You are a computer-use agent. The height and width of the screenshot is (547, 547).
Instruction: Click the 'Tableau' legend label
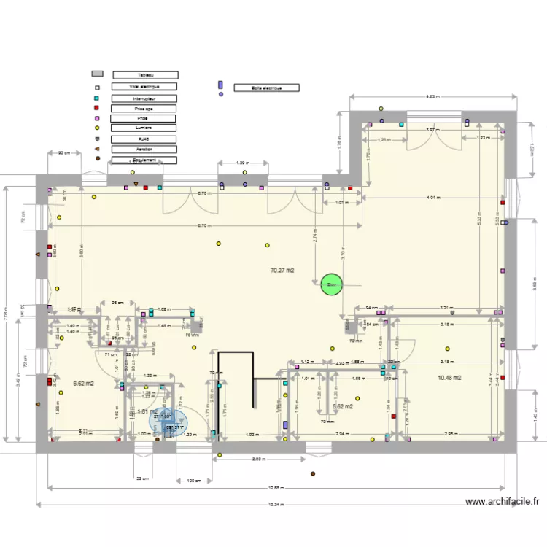pos(144,74)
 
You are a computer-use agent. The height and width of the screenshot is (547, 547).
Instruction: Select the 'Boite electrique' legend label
pos(267,88)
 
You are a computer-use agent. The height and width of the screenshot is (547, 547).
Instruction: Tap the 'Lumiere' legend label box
pos(144,128)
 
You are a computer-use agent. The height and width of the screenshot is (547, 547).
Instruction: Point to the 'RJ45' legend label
pos(144,139)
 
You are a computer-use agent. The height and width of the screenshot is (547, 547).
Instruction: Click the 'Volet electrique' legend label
pos(144,86)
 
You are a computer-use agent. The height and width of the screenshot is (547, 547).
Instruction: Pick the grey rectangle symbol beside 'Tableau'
pos(97,74)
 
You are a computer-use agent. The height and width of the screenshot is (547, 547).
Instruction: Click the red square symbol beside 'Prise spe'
pos(96,108)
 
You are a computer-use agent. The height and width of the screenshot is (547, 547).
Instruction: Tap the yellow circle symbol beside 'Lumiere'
pos(96,128)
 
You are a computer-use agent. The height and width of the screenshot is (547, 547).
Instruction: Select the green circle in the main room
pos(330,284)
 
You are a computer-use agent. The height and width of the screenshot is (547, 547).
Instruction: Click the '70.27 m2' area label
pos(282,271)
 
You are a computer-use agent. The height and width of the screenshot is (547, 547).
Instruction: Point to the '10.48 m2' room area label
pos(449,378)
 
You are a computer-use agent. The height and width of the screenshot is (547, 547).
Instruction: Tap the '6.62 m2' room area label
pos(85,382)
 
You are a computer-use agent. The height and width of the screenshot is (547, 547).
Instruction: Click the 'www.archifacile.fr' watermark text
pos(503,502)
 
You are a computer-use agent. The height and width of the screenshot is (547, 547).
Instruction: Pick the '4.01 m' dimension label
pos(435,198)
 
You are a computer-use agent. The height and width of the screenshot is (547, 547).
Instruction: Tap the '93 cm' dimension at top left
pos(64,152)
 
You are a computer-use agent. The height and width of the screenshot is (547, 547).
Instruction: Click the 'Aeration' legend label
pos(144,149)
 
